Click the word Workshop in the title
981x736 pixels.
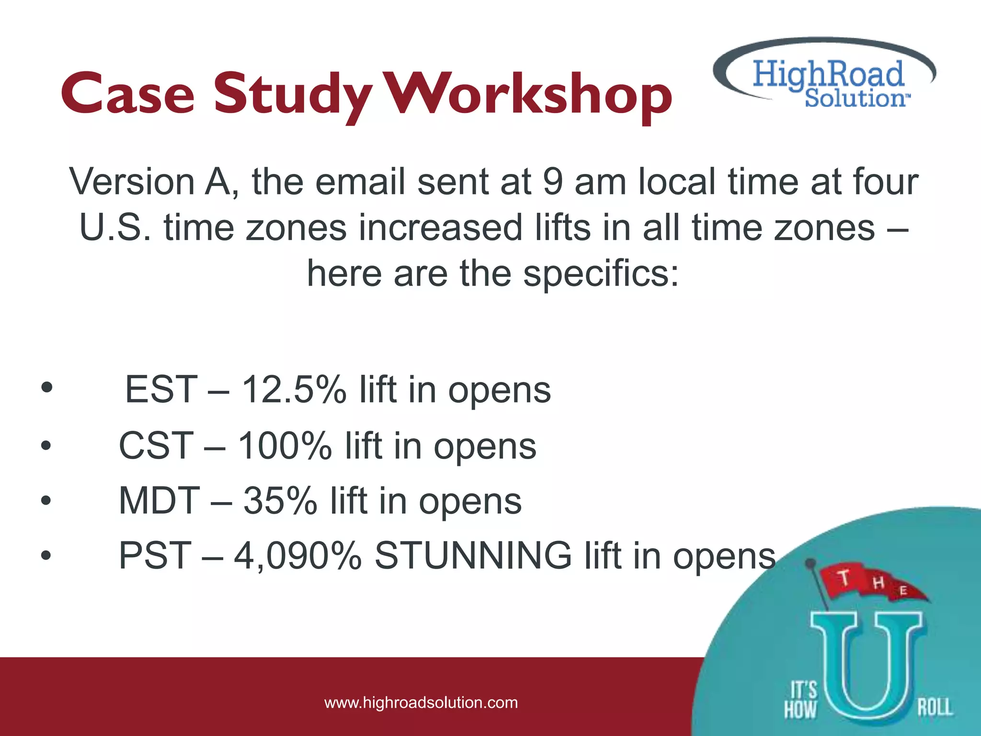[x=529, y=94]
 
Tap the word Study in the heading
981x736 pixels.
[x=293, y=94]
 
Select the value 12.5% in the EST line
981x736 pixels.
[x=294, y=390]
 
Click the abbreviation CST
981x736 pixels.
[x=156, y=446]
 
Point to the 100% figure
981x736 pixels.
[x=285, y=446]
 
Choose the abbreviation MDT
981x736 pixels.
[x=159, y=501]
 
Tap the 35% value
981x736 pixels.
[x=280, y=501]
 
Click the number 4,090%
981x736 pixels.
[x=297, y=556]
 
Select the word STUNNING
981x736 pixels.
[x=473, y=556]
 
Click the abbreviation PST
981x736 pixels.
[x=155, y=556]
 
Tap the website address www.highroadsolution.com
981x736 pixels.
[x=421, y=703]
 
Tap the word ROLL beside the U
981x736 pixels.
[x=935, y=707]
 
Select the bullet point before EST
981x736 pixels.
[x=46, y=389]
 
